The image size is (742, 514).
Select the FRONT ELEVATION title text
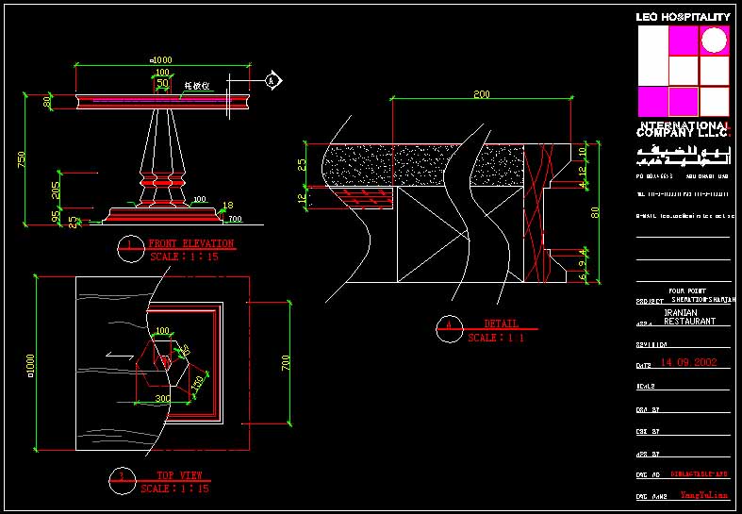pyautogui.click(x=190, y=244)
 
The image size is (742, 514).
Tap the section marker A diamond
pyautogui.click(x=272, y=81)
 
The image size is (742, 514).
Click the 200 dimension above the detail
pyautogui.click(x=482, y=94)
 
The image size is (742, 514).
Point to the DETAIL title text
pyautogui.click(x=502, y=324)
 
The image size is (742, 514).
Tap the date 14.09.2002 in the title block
pyautogui.click(x=688, y=362)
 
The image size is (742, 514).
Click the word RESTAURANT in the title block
pyautogui.click(x=689, y=321)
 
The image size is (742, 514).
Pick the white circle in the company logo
pyautogui.click(x=715, y=41)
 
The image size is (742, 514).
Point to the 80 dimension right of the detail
pyautogui.click(x=595, y=212)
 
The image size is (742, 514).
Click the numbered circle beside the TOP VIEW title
pyautogui.click(x=119, y=477)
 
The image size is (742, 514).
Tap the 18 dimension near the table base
pyautogui.click(x=227, y=206)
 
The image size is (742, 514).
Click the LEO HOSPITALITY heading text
pyautogui.click(x=683, y=17)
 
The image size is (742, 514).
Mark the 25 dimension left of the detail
pyautogui.click(x=302, y=164)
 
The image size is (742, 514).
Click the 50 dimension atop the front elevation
pyautogui.click(x=162, y=84)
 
